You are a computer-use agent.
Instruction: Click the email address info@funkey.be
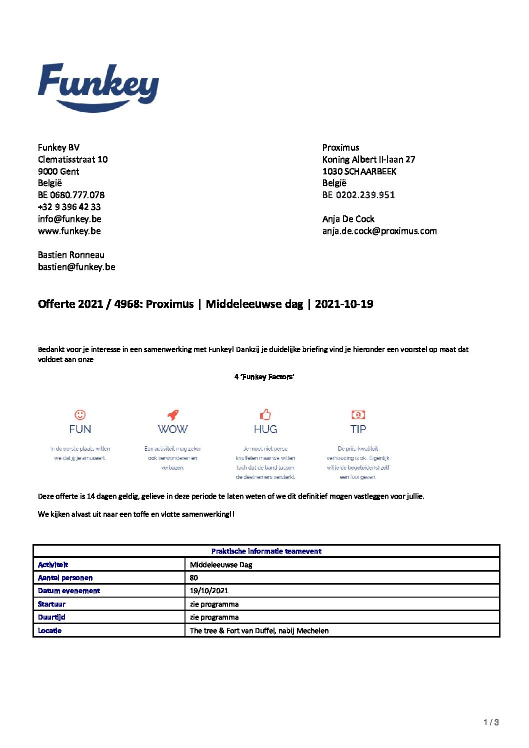coord(69,219)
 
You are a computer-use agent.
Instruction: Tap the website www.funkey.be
coord(69,231)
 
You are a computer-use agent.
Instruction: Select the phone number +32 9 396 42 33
coord(69,207)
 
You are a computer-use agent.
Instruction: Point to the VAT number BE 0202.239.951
coord(358,195)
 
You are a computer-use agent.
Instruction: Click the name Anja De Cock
coord(348,219)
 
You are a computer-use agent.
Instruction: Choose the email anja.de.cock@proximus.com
coord(379,231)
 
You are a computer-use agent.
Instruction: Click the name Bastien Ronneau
coord(71,255)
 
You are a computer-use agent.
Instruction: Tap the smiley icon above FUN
coord(80,415)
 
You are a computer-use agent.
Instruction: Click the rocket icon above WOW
coord(172,415)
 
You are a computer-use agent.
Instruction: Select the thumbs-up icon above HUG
coord(265,414)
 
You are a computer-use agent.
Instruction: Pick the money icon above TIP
coord(358,415)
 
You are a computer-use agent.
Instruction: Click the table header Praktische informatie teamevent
coord(266,551)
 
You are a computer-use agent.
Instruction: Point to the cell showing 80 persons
coord(194,578)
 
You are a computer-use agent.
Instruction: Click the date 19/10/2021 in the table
coord(209,591)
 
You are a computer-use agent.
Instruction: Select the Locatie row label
coord(49,631)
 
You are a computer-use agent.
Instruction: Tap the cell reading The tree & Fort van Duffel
coord(259,631)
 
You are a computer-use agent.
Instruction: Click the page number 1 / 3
coord(491,722)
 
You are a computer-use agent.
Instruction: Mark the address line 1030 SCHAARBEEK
coord(359,171)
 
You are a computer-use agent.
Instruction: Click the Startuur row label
coord(51,604)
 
